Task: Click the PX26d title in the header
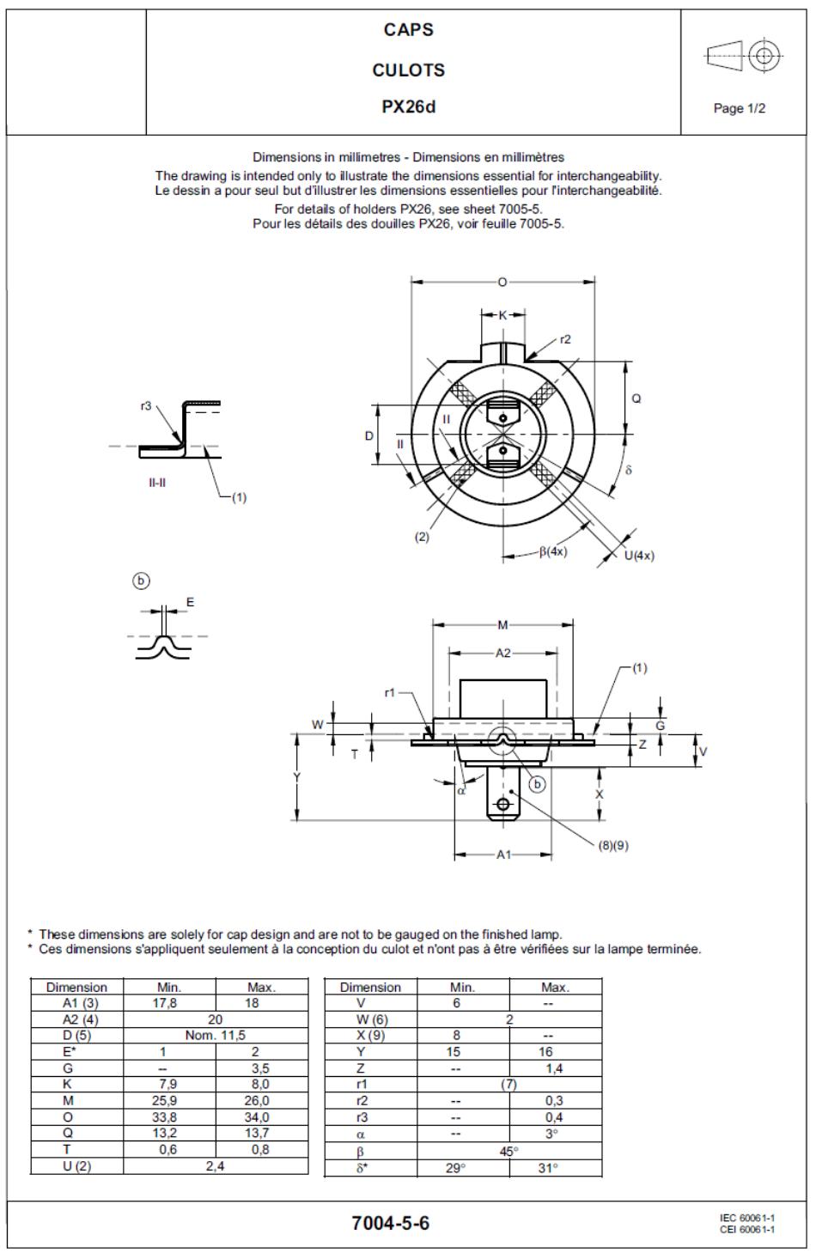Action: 409,106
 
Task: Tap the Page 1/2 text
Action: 739,108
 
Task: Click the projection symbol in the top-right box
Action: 744,55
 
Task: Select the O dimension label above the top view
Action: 502,282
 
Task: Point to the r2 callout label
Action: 565,339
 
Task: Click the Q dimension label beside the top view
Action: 636,398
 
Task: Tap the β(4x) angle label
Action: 553,551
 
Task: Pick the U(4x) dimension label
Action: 639,556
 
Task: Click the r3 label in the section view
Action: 145,405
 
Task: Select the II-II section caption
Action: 157,482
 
